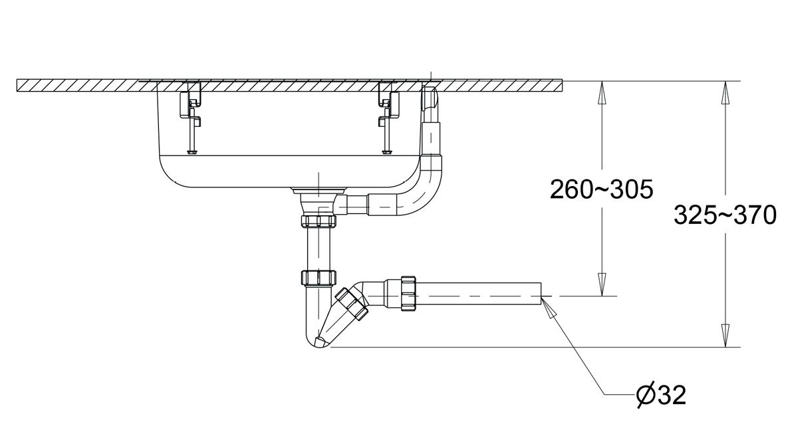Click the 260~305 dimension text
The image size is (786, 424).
(602, 190)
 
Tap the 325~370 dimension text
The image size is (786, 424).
(725, 215)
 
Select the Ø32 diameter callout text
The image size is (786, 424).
(661, 395)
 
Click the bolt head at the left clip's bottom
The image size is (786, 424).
(191, 152)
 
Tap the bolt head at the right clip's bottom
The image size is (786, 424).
(386, 152)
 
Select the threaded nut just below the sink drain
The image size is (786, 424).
(318, 221)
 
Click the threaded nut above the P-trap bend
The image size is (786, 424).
(319, 278)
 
